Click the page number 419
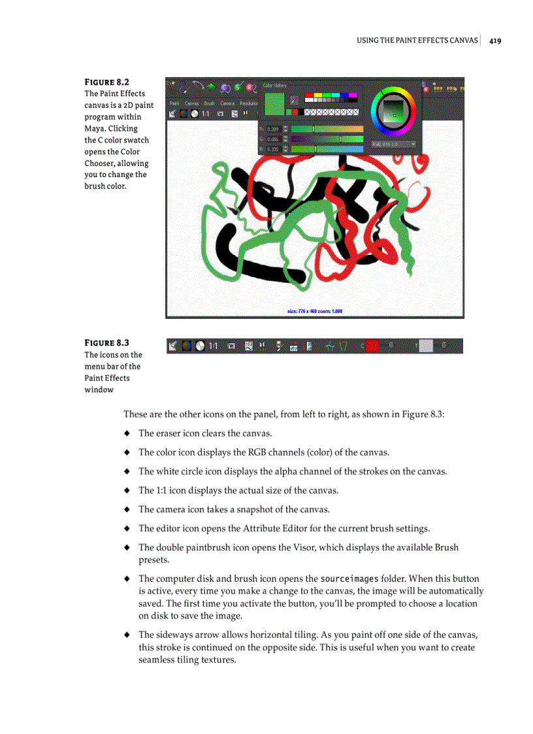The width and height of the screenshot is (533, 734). (x=494, y=41)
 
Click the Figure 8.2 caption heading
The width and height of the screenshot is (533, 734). (x=106, y=82)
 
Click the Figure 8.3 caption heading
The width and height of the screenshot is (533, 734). (x=106, y=343)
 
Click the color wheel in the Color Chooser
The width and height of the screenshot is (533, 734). (x=393, y=109)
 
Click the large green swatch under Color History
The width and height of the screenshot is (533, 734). (x=274, y=105)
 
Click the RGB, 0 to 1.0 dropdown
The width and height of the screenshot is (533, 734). (x=393, y=144)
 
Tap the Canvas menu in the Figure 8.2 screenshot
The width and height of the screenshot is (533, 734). (x=191, y=103)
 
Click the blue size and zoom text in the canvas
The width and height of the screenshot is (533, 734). (x=315, y=311)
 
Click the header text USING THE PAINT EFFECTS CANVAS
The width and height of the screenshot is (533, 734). (x=417, y=41)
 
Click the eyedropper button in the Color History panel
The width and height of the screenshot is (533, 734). (x=294, y=100)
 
